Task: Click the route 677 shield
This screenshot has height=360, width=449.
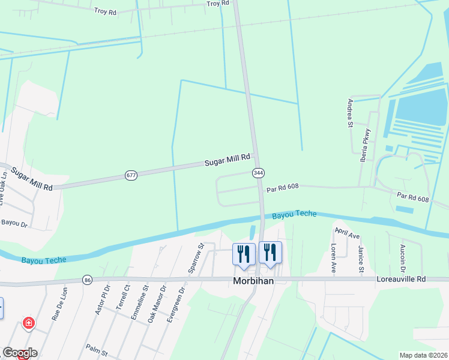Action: click(x=131, y=175)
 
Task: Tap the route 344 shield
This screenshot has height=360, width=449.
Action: click(x=258, y=173)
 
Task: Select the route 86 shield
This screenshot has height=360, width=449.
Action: click(x=88, y=280)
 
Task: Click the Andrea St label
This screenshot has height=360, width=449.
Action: click(x=349, y=114)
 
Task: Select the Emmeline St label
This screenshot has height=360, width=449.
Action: click(x=145, y=304)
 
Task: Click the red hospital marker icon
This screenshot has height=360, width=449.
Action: click(x=28, y=324)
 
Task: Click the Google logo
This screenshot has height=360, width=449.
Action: click(x=20, y=353)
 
